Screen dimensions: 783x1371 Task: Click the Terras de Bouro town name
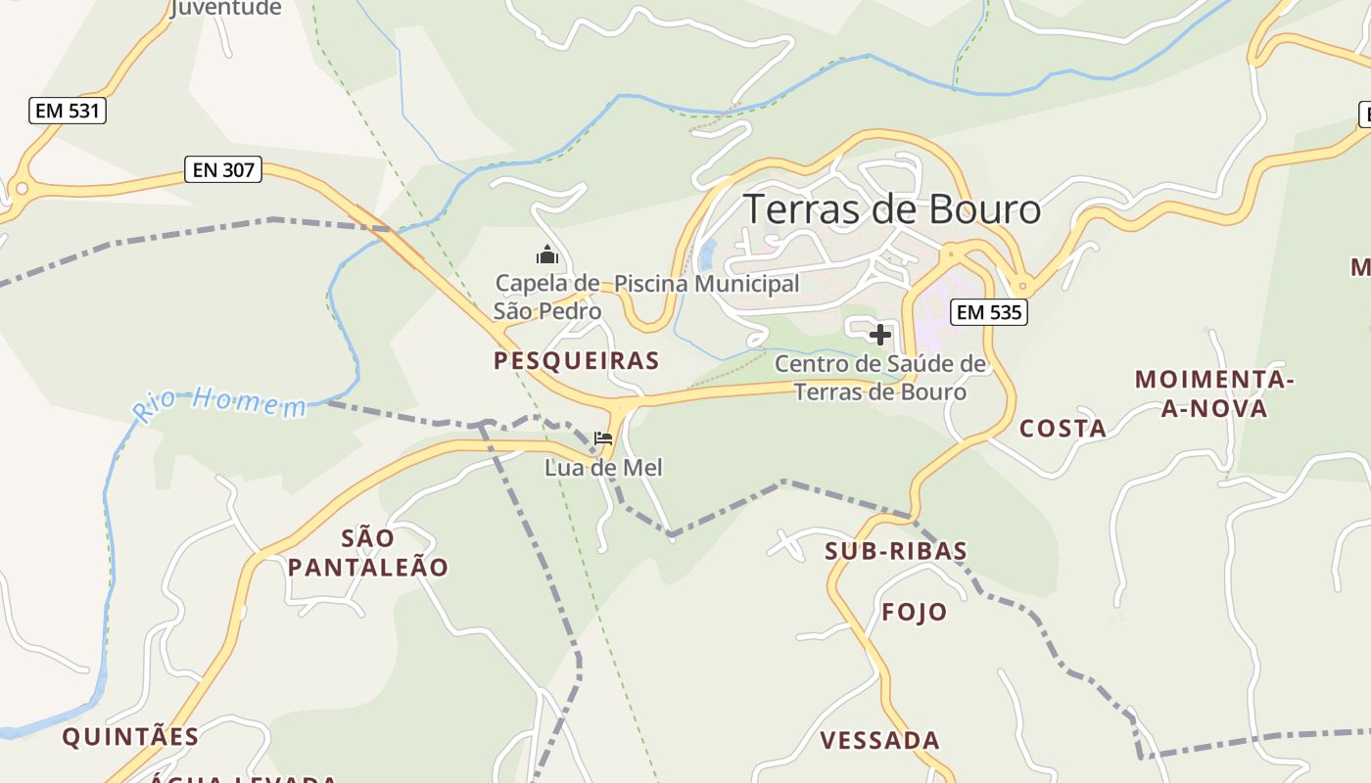tap(891, 209)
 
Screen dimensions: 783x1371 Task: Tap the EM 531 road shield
tap(67, 111)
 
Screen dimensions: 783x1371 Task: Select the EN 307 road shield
tap(223, 170)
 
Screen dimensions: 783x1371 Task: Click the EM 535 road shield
tap(988, 312)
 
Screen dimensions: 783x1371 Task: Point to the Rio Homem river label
tap(220, 401)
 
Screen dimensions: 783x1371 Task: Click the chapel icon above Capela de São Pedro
tap(546, 256)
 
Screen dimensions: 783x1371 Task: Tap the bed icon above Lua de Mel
tap(603, 438)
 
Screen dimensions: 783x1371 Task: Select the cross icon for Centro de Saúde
tap(880, 335)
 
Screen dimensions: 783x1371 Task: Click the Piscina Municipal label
tap(706, 284)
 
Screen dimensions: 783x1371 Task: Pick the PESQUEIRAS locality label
tap(576, 360)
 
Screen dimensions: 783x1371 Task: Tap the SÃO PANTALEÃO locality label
tap(368, 553)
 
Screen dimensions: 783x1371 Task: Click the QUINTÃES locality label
tap(130, 737)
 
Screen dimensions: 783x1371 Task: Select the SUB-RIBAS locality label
tap(896, 551)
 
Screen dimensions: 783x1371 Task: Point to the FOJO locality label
tap(915, 613)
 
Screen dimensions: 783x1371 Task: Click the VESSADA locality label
tap(879, 740)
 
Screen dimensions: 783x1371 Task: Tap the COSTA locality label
tap(1063, 428)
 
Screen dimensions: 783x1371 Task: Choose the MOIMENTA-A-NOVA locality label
tap(1214, 393)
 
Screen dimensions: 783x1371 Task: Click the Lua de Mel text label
tap(603, 468)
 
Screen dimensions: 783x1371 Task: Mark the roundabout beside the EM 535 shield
tap(1023, 287)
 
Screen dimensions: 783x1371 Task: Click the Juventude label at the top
tap(225, 9)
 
